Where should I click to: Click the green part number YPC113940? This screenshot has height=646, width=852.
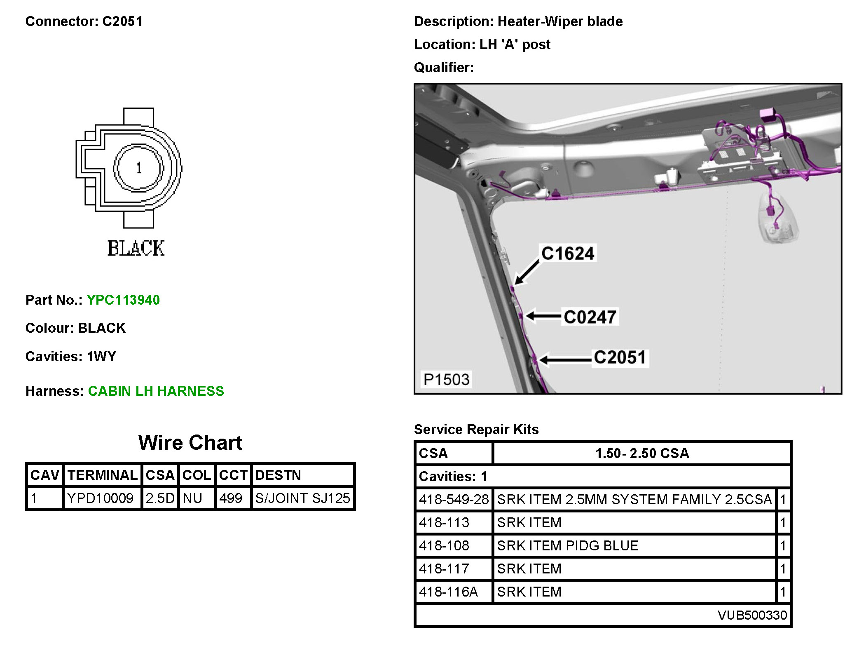click(x=123, y=300)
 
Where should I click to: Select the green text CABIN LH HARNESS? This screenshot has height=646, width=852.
click(x=156, y=391)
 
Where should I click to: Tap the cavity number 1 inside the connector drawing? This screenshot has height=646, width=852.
click(x=139, y=168)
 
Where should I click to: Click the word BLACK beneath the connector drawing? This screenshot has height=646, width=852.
click(x=136, y=248)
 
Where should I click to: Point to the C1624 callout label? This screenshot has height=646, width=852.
click(x=568, y=254)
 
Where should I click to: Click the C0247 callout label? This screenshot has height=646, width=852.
click(x=590, y=317)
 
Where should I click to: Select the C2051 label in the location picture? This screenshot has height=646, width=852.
click(x=620, y=357)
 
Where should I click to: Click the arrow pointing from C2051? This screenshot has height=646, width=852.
click(x=566, y=360)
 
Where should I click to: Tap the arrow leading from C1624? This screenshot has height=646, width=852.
click(x=527, y=272)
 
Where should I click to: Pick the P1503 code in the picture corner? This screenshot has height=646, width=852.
click(x=447, y=379)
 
